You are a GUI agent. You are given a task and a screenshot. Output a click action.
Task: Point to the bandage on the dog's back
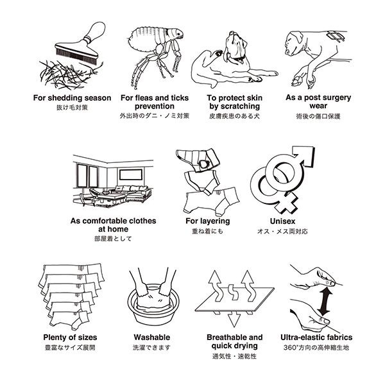[x=336, y=37]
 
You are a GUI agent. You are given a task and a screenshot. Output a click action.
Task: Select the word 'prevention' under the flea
[x=155, y=107]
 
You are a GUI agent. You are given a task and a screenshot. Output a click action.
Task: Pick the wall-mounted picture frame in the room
[x=131, y=175]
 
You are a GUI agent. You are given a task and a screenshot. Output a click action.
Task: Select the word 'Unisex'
[x=282, y=221]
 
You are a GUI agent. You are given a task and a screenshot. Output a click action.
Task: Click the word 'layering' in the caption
[x=215, y=221]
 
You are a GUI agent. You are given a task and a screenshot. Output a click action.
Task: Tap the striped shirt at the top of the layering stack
[x=198, y=160]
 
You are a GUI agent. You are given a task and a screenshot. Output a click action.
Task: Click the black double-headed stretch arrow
[x=325, y=302]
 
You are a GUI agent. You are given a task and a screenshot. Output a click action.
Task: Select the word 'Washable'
[x=152, y=338]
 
